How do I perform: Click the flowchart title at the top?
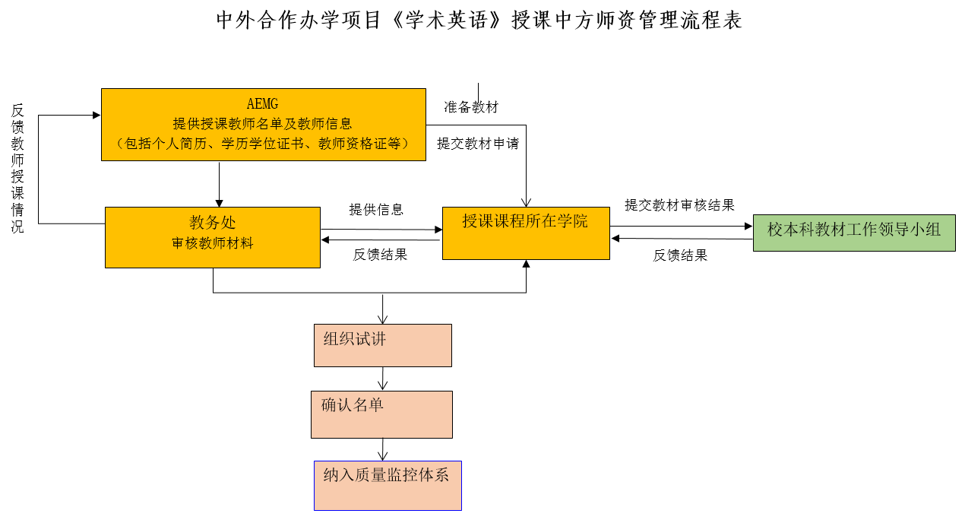tap(479, 21)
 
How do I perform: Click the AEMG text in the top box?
tap(262, 103)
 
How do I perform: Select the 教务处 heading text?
tap(213, 223)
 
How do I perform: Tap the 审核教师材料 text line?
tap(213, 243)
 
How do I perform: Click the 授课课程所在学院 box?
tap(526, 233)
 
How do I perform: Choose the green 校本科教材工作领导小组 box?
tap(854, 233)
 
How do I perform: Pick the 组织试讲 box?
tap(383, 345)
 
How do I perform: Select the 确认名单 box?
tap(381, 415)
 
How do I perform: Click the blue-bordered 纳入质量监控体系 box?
tap(388, 486)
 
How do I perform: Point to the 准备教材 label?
tap(471, 107)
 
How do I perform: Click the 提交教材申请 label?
tap(478, 143)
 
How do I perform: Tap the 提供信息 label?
tap(376, 210)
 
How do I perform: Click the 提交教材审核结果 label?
tap(679, 204)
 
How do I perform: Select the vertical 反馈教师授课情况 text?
tap(17, 168)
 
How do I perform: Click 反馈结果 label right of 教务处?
tap(380, 255)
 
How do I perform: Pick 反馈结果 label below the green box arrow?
tap(680, 255)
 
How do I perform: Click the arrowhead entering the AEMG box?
tap(96, 115)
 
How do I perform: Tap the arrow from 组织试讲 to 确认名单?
tap(382, 379)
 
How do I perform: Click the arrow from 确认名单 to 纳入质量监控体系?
tap(382, 450)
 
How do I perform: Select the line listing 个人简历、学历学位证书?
tap(262, 144)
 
